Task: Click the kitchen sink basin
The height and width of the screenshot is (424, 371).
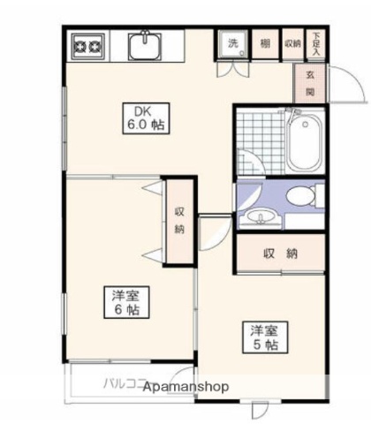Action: click(143, 43)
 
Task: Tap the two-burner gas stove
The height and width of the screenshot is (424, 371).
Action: click(87, 43)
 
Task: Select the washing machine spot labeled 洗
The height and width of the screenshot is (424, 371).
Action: click(233, 43)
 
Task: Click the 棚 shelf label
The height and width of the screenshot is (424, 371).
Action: click(265, 43)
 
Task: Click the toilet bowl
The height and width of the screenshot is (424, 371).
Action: click(303, 195)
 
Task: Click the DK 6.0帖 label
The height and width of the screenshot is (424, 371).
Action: click(144, 118)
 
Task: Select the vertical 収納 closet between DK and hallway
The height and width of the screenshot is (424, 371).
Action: click(179, 220)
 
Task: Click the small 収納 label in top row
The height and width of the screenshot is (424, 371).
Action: click(291, 43)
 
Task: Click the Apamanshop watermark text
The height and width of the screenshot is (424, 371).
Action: click(186, 388)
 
